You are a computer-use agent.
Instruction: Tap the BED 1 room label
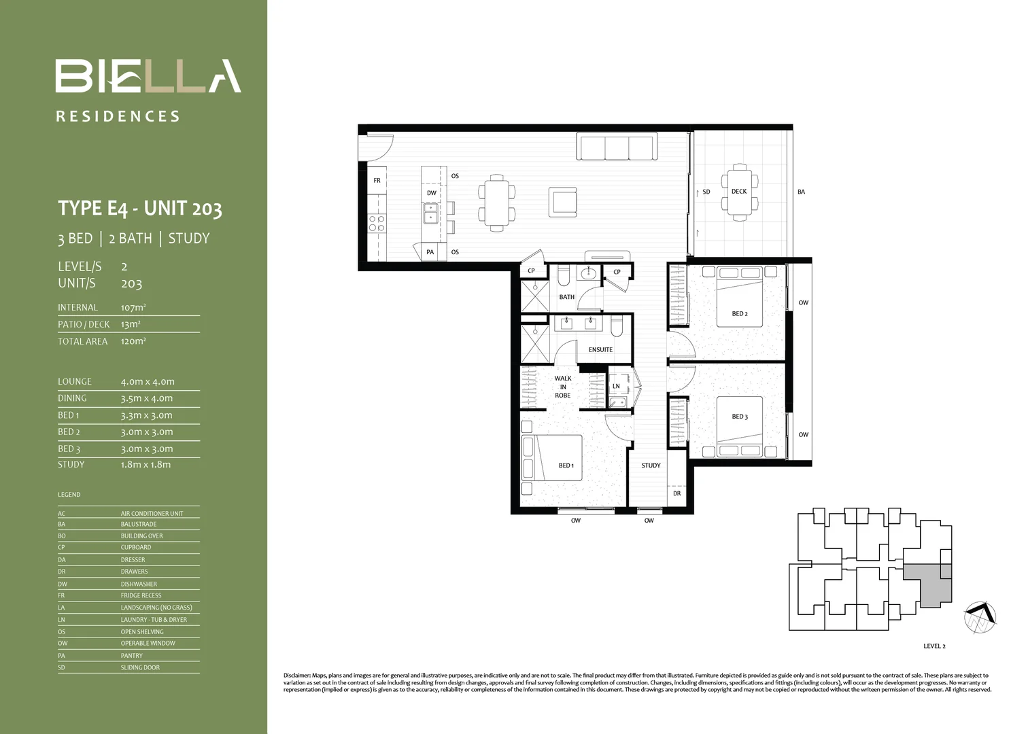tap(566, 466)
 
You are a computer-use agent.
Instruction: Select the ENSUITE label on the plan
tap(600, 350)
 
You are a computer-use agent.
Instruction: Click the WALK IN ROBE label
tap(563, 387)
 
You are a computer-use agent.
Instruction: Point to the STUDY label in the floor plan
tap(651, 466)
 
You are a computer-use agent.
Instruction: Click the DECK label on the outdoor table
tap(739, 192)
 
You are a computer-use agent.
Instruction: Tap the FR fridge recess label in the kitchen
tap(377, 181)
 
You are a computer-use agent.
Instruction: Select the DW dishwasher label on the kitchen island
tap(432, 193)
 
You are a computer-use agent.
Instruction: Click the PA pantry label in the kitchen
tap(430, 252)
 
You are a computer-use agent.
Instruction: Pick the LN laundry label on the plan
tap(616, 386)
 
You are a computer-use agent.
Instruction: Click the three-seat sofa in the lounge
tap(616, 147)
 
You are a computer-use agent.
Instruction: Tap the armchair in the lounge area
tap(563, 201)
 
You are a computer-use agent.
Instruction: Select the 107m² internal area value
tap(133, 308)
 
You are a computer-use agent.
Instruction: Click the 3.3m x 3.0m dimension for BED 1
tap(147, 415)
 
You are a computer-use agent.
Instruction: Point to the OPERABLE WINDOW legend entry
tap(148, 644)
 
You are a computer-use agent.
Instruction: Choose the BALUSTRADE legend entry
tap(139, 525)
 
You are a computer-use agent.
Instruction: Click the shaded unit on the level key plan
tap(930, 584)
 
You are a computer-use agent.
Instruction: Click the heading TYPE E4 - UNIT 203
tap(140, 208)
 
